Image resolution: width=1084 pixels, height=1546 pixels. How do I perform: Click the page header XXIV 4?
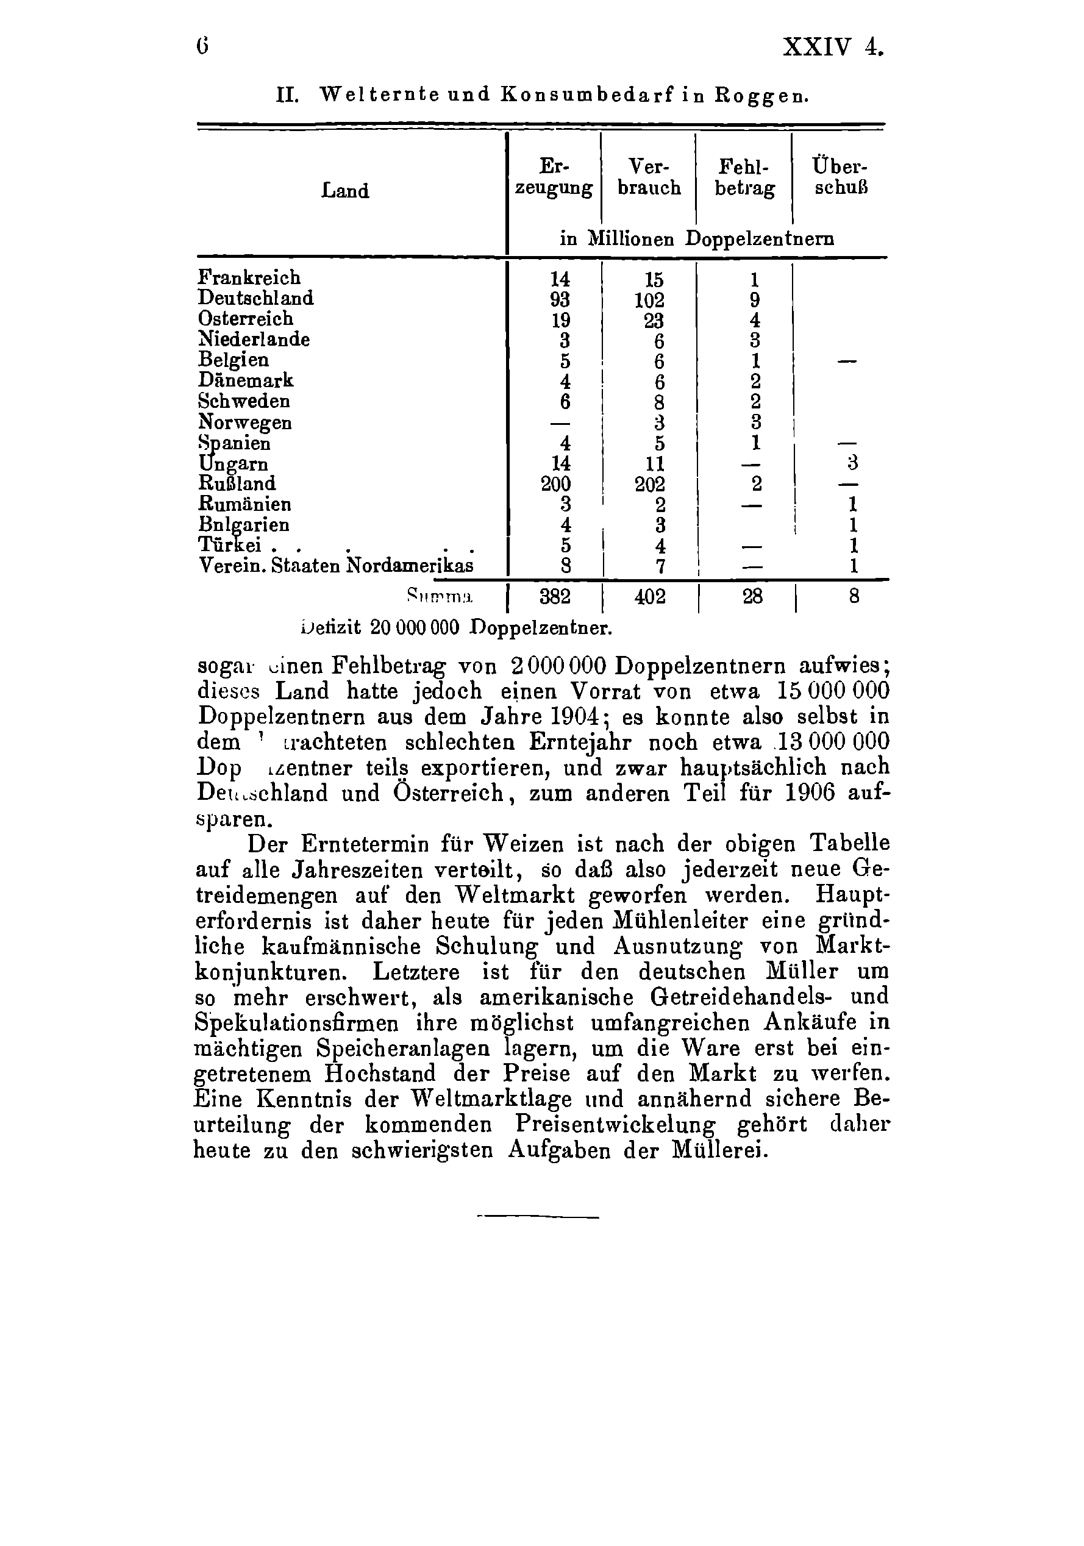pyautogui.click(x=832, y=48)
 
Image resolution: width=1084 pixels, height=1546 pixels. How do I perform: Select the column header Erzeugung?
pyautogui.click(x=554, y=177)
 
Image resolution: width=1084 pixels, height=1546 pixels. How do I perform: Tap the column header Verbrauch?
pyautogui.click(x=649, y=177)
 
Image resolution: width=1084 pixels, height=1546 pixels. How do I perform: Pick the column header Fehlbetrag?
pyautogui.click(x=744, y=177)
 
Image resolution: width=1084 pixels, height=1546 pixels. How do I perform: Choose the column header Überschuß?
pyautogui.click(x=840, y=176)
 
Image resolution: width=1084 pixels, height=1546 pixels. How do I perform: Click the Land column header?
pyautogui.click(x=346, y=191)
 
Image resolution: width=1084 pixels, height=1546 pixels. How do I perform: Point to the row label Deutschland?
pyautogui.click(x=256, y=297)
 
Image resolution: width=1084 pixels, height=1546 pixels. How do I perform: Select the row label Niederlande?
pyautogui.click(x=254, y=340)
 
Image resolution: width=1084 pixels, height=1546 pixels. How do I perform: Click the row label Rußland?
pyautogui.click(x=237, y=483)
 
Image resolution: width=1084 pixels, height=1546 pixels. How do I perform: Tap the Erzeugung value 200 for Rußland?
pyautogui.click(x=556, y=484)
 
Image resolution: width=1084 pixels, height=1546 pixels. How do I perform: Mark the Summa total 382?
pyautogui.click(x=555, y=597)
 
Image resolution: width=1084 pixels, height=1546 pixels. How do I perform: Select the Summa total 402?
pyautogui.click(x=650, y=597)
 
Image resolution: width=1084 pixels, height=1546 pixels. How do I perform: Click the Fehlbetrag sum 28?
pyautogui.click(x=752, y=597)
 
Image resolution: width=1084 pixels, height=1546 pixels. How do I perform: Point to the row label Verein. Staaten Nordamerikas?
pyautogui.click(x=336, y=566)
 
